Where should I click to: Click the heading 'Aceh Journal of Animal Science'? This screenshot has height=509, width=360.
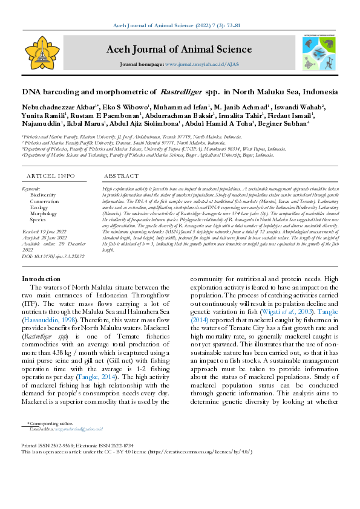click(x=179, y=50)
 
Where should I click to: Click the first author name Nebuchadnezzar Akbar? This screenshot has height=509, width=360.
click(x=51, y=107)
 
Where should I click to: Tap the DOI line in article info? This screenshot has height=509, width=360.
click(x=54, y=256)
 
